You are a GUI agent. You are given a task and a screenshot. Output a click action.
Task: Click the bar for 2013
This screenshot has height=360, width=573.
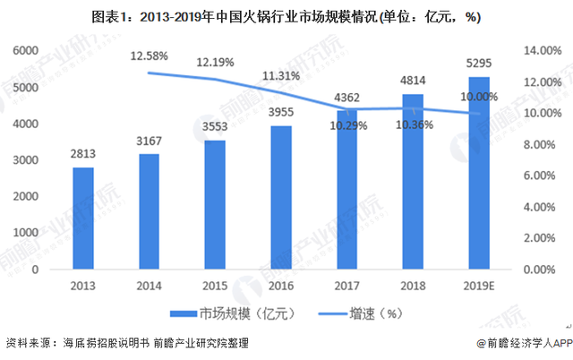coord(83,218)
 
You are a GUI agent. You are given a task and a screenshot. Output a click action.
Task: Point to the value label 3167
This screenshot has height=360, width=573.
coord(150,141)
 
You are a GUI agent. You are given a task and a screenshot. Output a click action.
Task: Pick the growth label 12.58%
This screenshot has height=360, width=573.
coord(150,56)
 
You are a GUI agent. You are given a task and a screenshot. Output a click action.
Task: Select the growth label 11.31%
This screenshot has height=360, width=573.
coord(282,76)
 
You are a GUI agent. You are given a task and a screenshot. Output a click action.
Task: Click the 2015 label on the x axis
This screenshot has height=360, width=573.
coord(216,284)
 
